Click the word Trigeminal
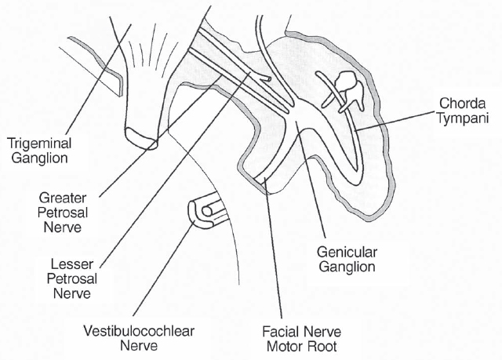pyautogui.click(x=37, y=143)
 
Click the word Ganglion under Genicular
pyautogui.click(x=347, y=267)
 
